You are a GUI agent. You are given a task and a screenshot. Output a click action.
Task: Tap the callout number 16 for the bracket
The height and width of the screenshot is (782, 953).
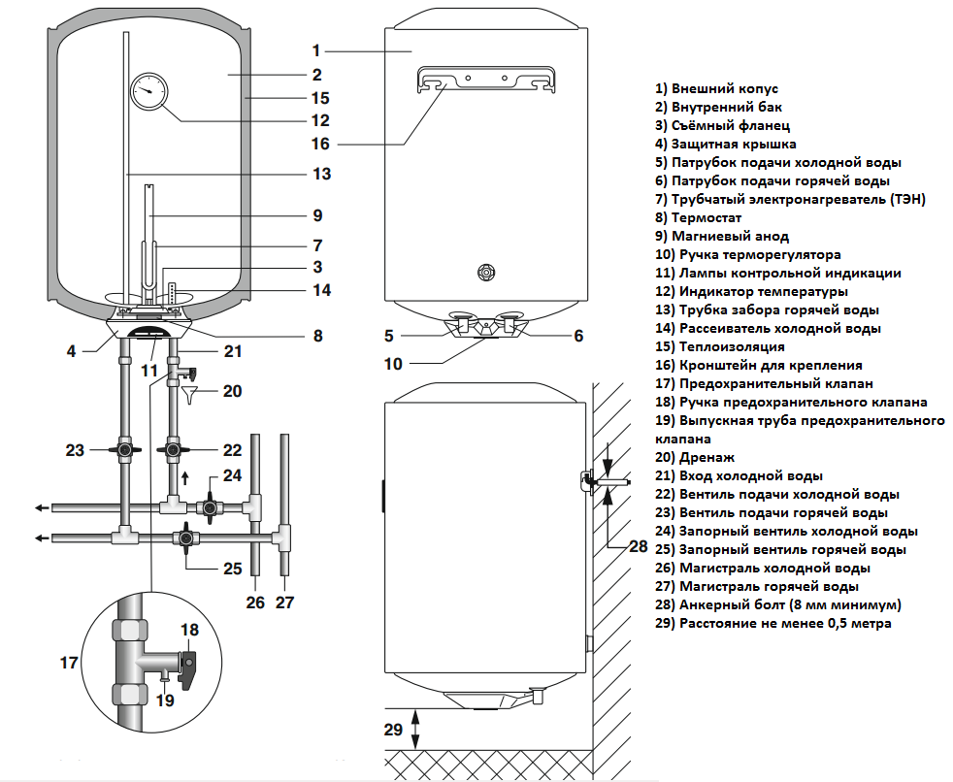coord(322,144)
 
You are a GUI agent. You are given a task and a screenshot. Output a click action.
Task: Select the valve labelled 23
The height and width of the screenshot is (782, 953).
coord(125,450)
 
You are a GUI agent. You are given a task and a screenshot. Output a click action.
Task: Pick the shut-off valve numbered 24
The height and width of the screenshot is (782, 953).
coord(209,506)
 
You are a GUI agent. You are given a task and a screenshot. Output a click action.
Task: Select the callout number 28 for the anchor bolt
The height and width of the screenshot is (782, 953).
coord(638,546)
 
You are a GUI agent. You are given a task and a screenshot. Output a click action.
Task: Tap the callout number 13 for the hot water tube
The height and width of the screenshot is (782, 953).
coord(322,175)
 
